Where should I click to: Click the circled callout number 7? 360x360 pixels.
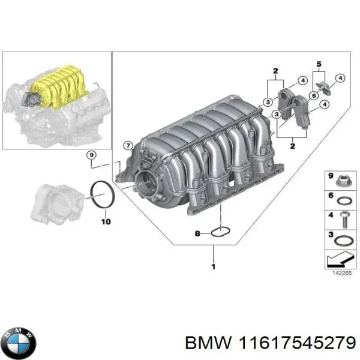[x=127, y=146]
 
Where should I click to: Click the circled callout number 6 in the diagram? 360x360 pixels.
[x=313, y=95]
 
